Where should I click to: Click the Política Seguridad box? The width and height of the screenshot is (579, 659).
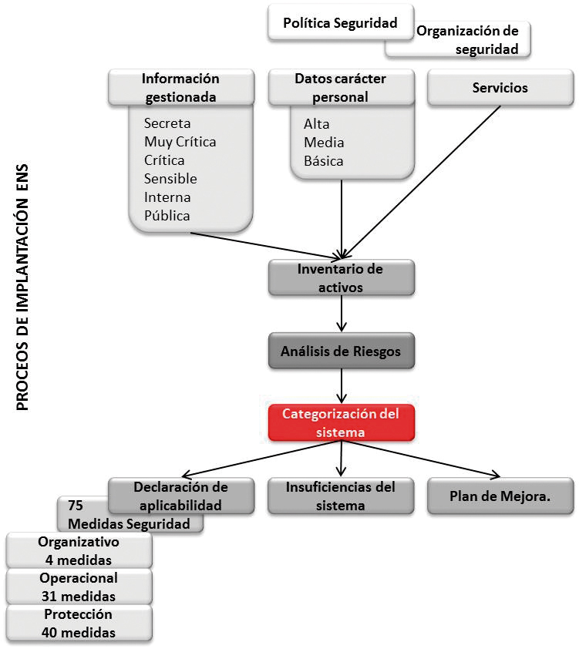coord(340,23)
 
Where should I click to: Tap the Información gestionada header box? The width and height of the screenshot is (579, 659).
coord(180,88)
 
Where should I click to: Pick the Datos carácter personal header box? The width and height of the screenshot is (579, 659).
coord(340,88)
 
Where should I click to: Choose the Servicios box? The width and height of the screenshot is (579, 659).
coord(500,88)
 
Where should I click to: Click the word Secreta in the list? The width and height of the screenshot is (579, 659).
coord(167,123)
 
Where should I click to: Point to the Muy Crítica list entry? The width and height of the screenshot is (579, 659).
coord(180,142)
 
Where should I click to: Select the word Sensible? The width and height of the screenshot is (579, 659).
coord(170,179)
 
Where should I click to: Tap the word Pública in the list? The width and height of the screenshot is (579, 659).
coord(167,216)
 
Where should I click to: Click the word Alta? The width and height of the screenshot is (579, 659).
coord(317,124)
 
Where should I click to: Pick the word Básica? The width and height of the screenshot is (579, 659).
coord(324,161)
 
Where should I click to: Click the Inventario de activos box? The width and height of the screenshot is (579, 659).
coord(340,278)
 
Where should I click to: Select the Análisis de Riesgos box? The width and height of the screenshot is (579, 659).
coord(340,351)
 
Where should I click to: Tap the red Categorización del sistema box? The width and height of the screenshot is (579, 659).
coord(340,423)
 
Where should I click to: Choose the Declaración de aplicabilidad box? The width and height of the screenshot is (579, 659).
coord(180,496)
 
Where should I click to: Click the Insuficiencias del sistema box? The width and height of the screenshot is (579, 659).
coord(340,496)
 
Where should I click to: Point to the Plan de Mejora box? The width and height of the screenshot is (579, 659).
coord(500,496)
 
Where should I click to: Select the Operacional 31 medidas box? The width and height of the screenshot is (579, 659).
coord(79,587)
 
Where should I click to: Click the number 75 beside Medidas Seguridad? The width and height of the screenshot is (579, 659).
coord(76,506)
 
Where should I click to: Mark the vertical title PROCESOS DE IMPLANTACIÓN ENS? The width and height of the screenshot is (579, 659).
coord(22,286)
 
